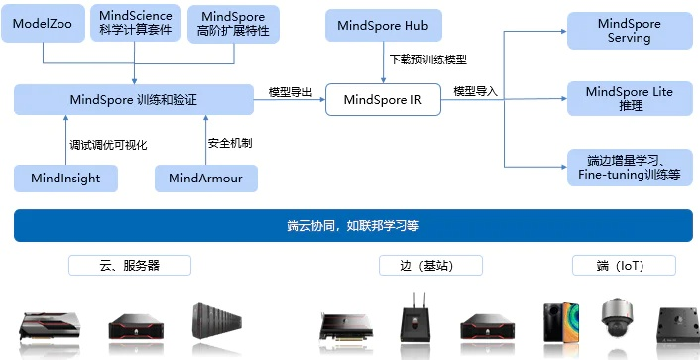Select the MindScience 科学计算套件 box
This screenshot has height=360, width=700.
click(x=136, y=23)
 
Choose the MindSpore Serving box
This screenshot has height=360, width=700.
click(x=629, y=30)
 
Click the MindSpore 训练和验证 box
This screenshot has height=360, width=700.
click(x=134, y=99)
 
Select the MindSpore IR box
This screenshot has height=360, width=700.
click(x=383, y=99)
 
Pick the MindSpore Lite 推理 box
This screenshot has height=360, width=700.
click(x=629, y=98)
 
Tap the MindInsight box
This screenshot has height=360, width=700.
click(x=65, y=179)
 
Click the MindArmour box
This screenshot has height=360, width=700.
click(x=206, y=179)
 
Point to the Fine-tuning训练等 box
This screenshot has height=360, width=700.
click(x=629, y=168)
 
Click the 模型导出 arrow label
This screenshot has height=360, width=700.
click(x=291, y=92)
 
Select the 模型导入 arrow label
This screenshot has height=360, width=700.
click(x=476, y=92)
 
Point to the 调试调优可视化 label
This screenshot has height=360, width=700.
click(x=108, y=144)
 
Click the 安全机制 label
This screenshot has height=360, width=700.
click(x=230, y=144)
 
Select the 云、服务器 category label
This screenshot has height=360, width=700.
click(x=129, y=266)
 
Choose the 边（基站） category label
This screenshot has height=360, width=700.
click(x=430, y=266)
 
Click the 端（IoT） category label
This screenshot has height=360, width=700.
click(x=624, y=266)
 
